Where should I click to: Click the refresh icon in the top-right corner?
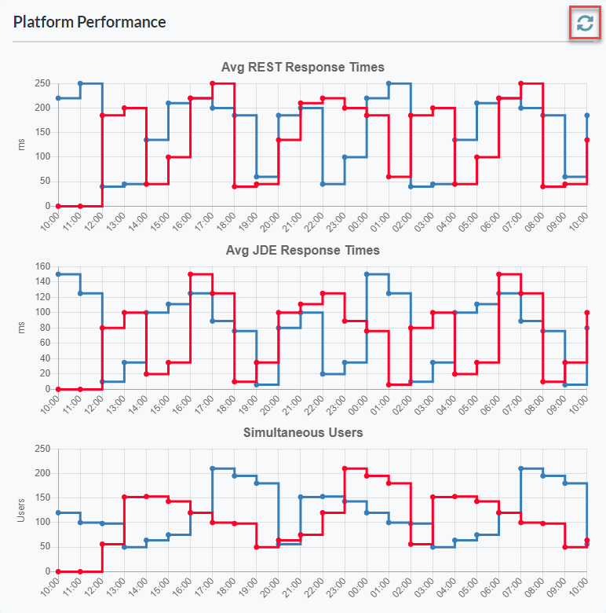584,24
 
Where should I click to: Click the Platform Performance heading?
89,22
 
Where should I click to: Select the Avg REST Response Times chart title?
303,67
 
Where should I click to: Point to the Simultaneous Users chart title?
303,432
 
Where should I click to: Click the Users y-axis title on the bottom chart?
21,510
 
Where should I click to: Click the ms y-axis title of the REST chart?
21,145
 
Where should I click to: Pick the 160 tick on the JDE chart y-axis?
42,266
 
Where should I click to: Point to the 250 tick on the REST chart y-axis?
42,83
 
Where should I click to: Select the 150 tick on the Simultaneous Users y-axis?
42,497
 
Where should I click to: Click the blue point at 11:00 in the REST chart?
80,83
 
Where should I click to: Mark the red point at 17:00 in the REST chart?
212,83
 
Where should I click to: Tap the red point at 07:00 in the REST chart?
520,83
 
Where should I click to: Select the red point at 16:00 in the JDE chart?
190,274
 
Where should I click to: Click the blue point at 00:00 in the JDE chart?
367,274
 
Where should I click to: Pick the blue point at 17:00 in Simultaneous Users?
212,468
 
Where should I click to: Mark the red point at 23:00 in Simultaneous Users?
345,468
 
